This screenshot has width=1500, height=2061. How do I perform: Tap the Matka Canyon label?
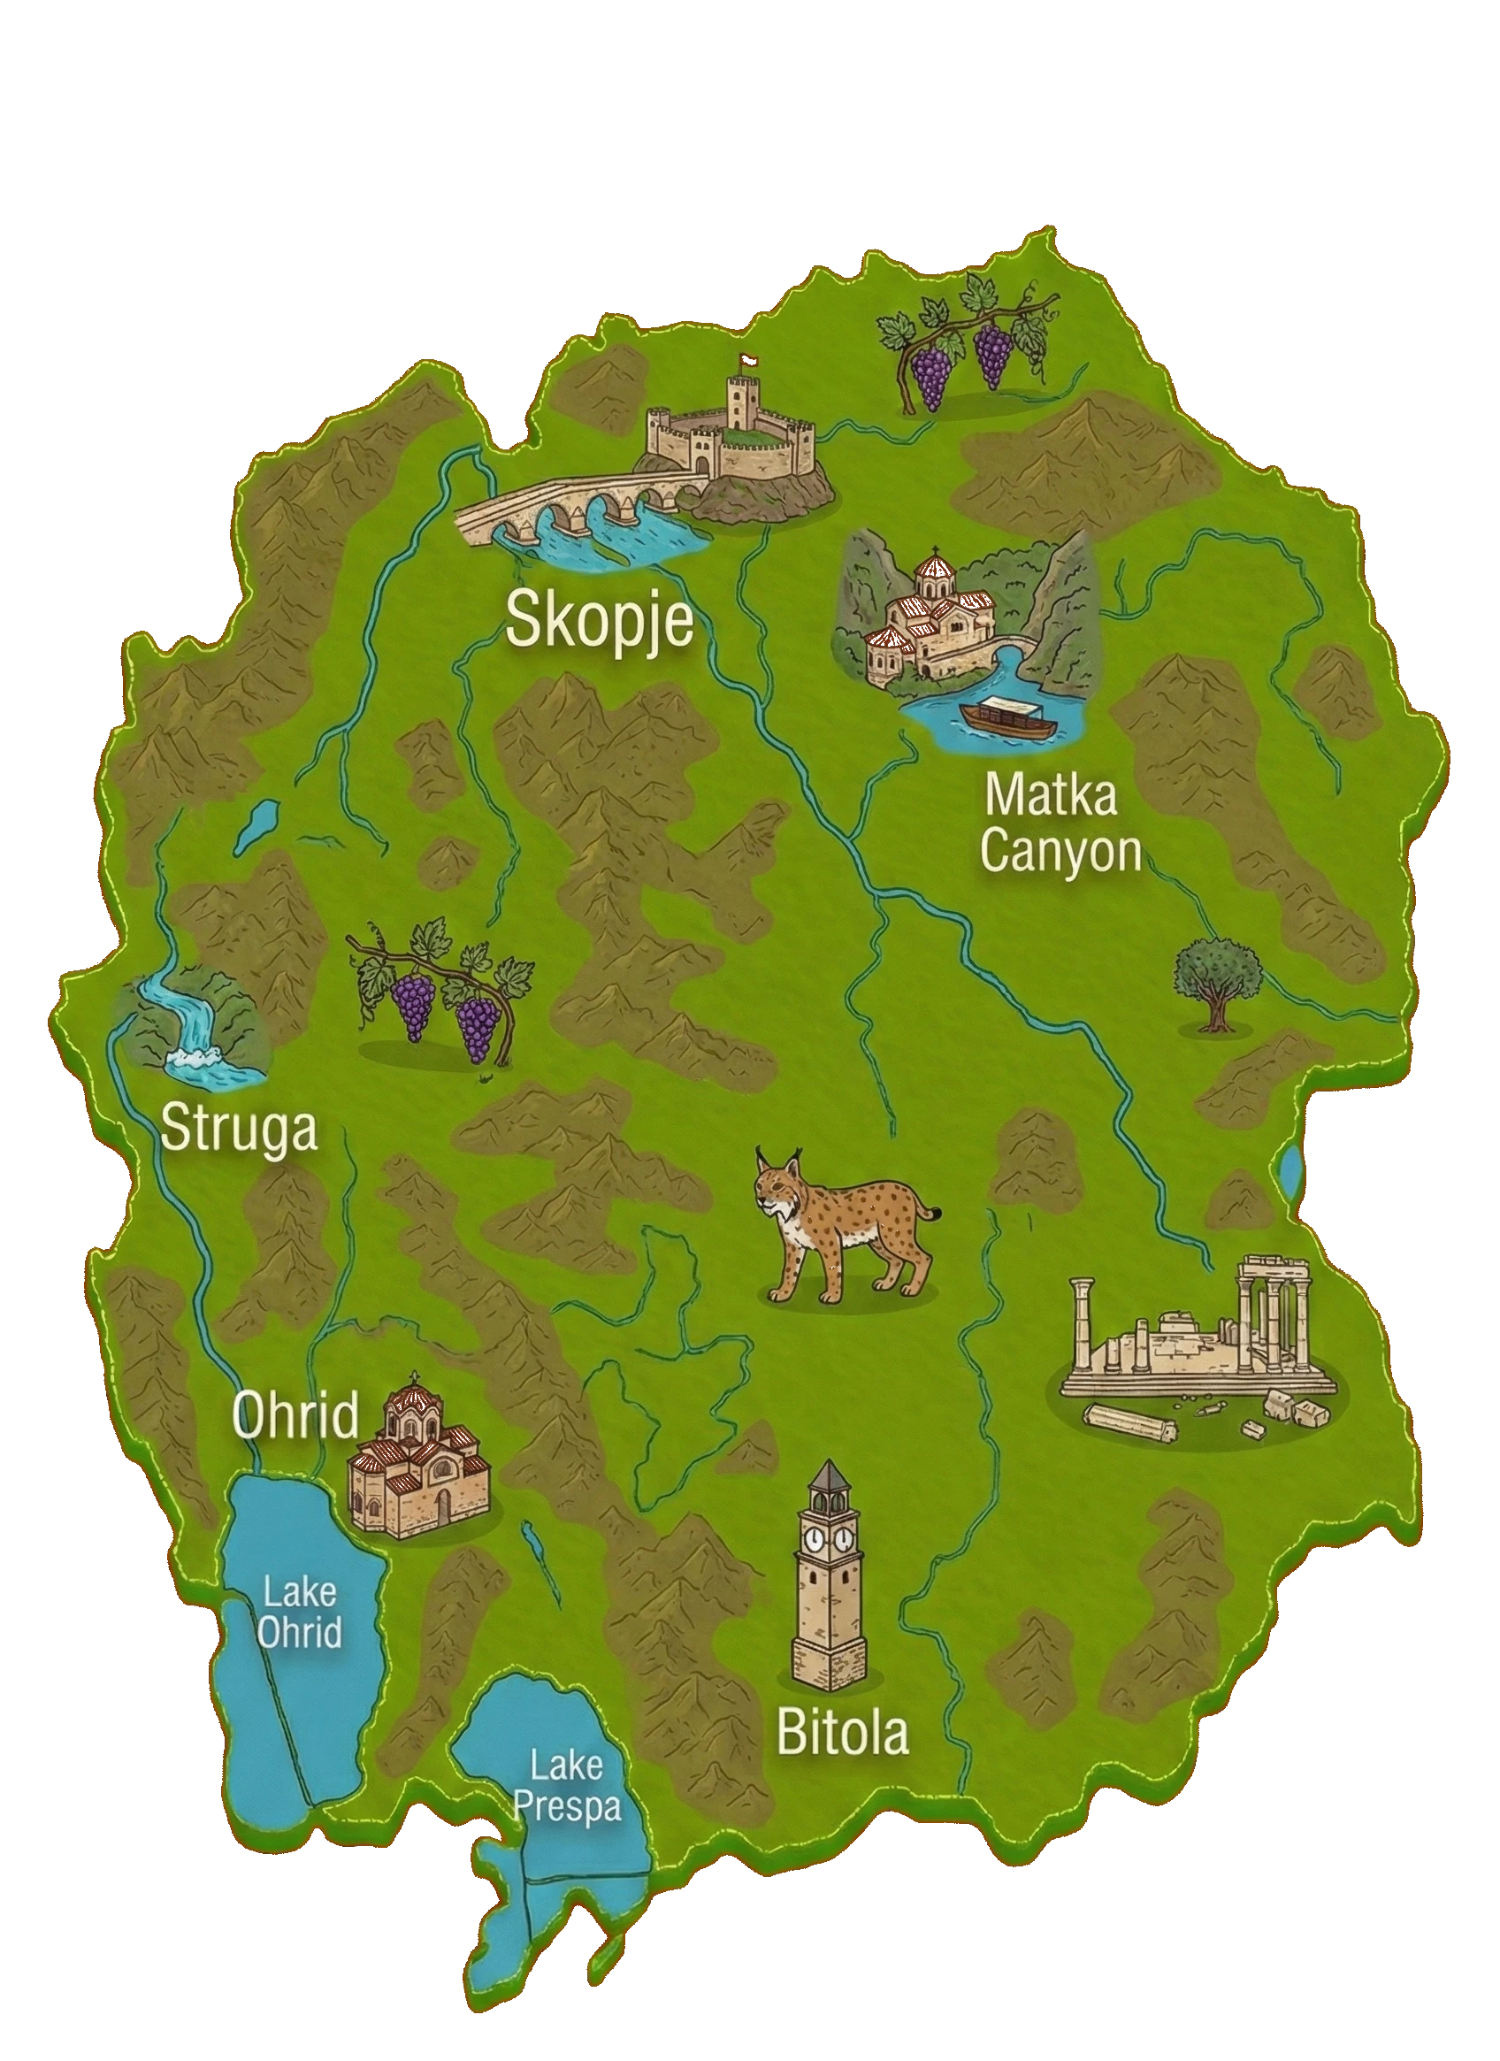coord(1060,824)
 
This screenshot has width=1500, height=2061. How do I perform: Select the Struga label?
coord(239,1130)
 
